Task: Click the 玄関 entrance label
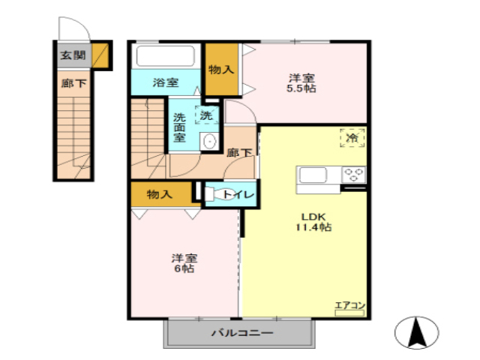[x=73, y=55]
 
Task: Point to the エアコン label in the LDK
[x=349, y=305]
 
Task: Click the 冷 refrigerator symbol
[x=351, y=138]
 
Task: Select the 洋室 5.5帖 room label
[x=303, y=82]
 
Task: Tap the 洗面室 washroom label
[x=181, y=127]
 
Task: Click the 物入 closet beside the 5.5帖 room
[x=222, y=69]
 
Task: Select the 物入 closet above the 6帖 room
[x=160, y=193]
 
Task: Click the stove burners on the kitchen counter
[x=354, y=175]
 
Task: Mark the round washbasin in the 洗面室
[x=210, y=141]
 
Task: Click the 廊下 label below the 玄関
[x=73, y=82]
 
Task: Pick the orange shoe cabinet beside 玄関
[x=100, y=55]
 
